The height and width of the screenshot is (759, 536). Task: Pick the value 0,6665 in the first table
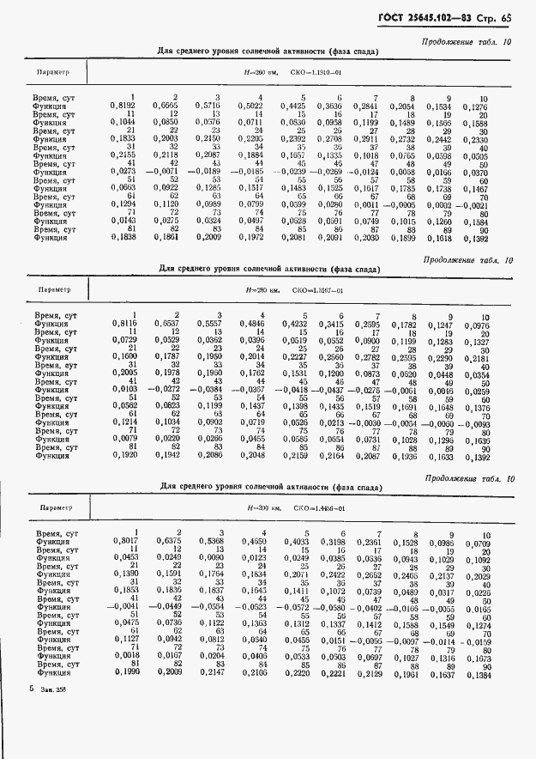[x=166, y=106]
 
